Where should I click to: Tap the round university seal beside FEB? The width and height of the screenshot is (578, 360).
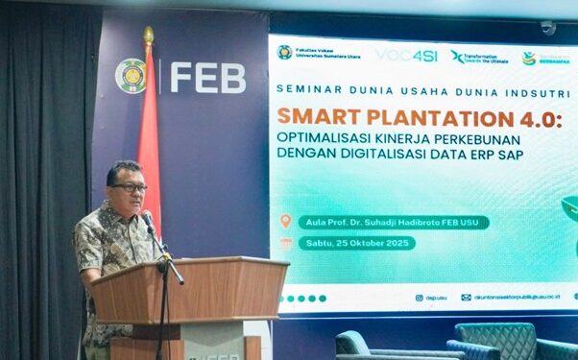click(x=131, y=76)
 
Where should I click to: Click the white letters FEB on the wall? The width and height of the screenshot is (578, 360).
click(x=207, y=78)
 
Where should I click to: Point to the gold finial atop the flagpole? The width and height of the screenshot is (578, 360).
click(x=148, y=36)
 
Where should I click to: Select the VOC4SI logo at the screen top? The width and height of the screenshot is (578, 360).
click(x=406, y=56)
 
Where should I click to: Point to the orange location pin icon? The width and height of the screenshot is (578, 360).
click(x=285, y=222)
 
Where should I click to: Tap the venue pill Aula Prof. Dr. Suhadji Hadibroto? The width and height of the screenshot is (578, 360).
click(x=393, y=223)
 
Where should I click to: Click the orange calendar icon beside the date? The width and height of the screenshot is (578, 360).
click(x=285, y=243)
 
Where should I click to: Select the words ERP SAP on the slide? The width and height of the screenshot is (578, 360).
click(x=497, y=155)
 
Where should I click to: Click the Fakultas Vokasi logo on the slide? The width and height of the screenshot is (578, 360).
click(x=285, y=53)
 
